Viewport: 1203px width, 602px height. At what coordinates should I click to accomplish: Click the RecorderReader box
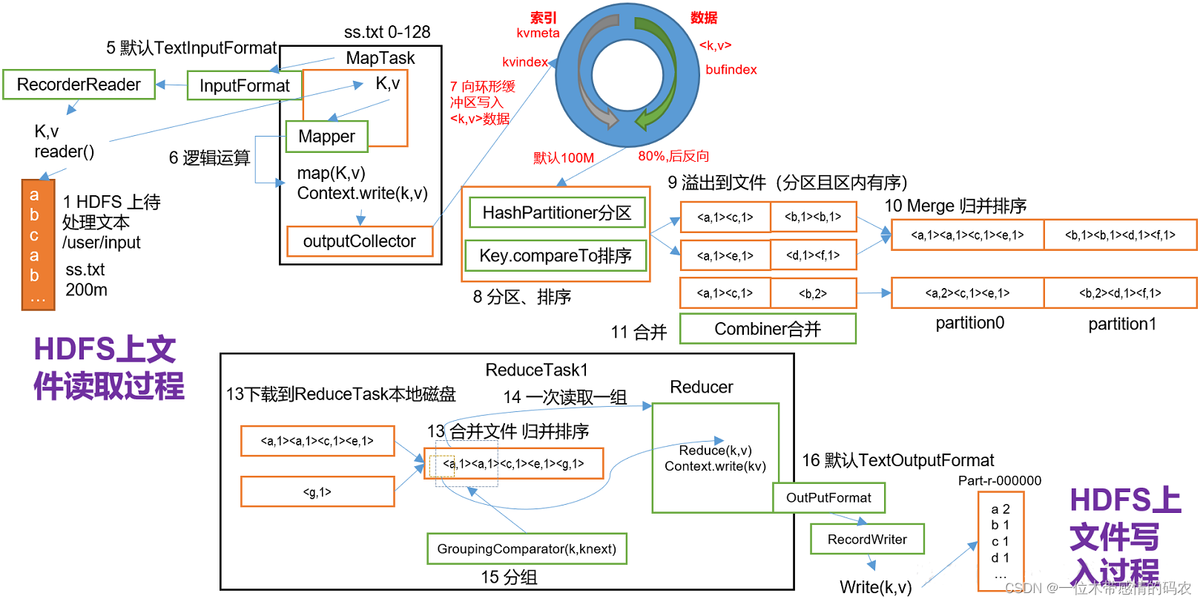[79, 85]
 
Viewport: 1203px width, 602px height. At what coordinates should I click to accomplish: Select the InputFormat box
[244, 86]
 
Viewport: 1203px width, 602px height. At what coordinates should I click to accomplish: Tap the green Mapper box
[326, 137]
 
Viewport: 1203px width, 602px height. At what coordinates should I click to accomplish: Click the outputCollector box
[359, 241]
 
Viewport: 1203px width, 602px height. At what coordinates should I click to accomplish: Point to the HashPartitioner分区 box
[556, 213]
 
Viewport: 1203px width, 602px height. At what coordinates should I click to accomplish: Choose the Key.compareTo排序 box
[555, 256]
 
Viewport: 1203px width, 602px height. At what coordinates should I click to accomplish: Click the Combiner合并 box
[768, 329]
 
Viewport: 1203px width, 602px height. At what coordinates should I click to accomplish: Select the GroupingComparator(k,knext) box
[527, 549]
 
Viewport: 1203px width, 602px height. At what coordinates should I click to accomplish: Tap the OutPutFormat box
[828, 498]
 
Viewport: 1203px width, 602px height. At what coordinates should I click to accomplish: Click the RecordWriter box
[867, 540]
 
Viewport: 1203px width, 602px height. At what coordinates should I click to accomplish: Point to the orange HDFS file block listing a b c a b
[37, 244]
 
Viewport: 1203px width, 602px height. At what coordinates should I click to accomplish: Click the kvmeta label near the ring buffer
[538, 33]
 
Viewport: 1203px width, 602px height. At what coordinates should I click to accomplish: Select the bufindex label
[731, 70]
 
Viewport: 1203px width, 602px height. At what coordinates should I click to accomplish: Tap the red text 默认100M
[564, 158]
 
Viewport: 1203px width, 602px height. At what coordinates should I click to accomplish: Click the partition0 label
[969, 323]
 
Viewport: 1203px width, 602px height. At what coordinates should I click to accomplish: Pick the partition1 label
[1121, 324]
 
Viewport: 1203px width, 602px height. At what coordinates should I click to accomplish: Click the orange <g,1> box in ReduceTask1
[317, 492]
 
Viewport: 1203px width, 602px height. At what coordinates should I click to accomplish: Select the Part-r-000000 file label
[999, 481]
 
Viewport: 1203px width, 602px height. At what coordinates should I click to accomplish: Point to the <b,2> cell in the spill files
[813, 293]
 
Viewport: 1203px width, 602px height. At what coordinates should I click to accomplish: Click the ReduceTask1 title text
[536, 370]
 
